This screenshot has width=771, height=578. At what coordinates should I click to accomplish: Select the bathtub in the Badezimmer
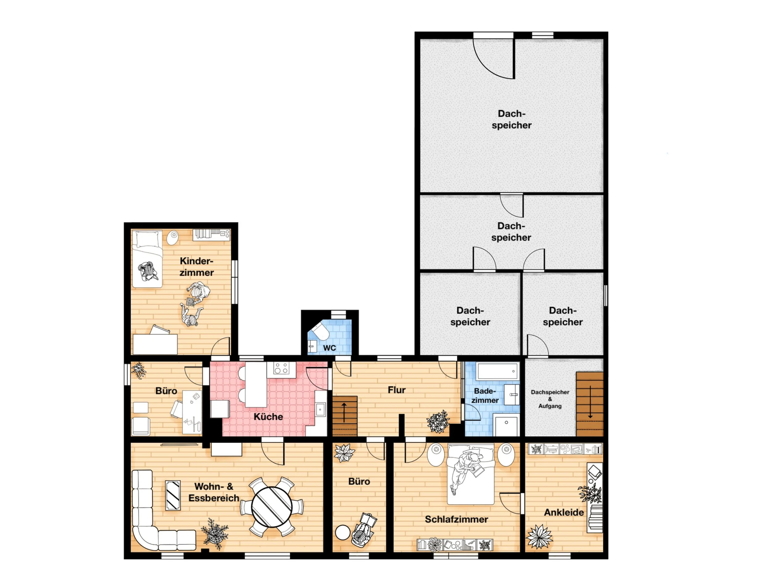pyautogui.click(x=497, y=371)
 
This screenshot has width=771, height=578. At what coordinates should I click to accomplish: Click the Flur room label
pyautogui.click(x=397, y=390)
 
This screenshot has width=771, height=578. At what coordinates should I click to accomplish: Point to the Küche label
pyautogui.click(x=268, y=417)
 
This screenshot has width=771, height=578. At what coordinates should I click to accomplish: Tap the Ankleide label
pyautogui.click(x=564, y=513)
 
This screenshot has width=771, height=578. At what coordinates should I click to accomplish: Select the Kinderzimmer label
pyautogui.click(x=196, y=267)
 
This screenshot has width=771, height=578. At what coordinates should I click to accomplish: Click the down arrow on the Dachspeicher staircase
pyautogui.click(x=590, y=402)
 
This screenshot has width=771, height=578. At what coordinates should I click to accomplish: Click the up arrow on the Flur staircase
pyautogui.click(x=344, y=412)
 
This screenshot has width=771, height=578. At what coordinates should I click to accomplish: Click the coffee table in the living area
pyautogui.click(x=173, y=496)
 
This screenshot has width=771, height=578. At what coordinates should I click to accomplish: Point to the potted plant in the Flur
pyautogui.click(x=438, y=422)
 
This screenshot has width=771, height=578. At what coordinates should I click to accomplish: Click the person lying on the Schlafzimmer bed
pyautogui.click(x=465, y=471)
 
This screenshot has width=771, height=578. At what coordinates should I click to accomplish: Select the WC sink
pyautogui.click(x=312, y=347)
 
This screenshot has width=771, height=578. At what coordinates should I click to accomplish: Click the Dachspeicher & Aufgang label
pyautogui.click(x=550, y=399)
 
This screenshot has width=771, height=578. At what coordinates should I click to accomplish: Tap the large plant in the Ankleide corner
pyautogui.click(x=539, y=537)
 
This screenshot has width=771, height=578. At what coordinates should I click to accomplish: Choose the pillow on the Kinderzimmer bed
pyautogui.click(x=148, y=239)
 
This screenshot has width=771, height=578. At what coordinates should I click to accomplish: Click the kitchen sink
pyautogui.click(x=320, y=409)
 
